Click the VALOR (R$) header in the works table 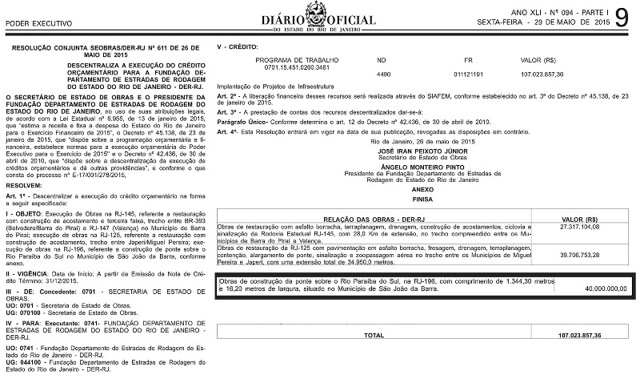(x=581, y=218)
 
